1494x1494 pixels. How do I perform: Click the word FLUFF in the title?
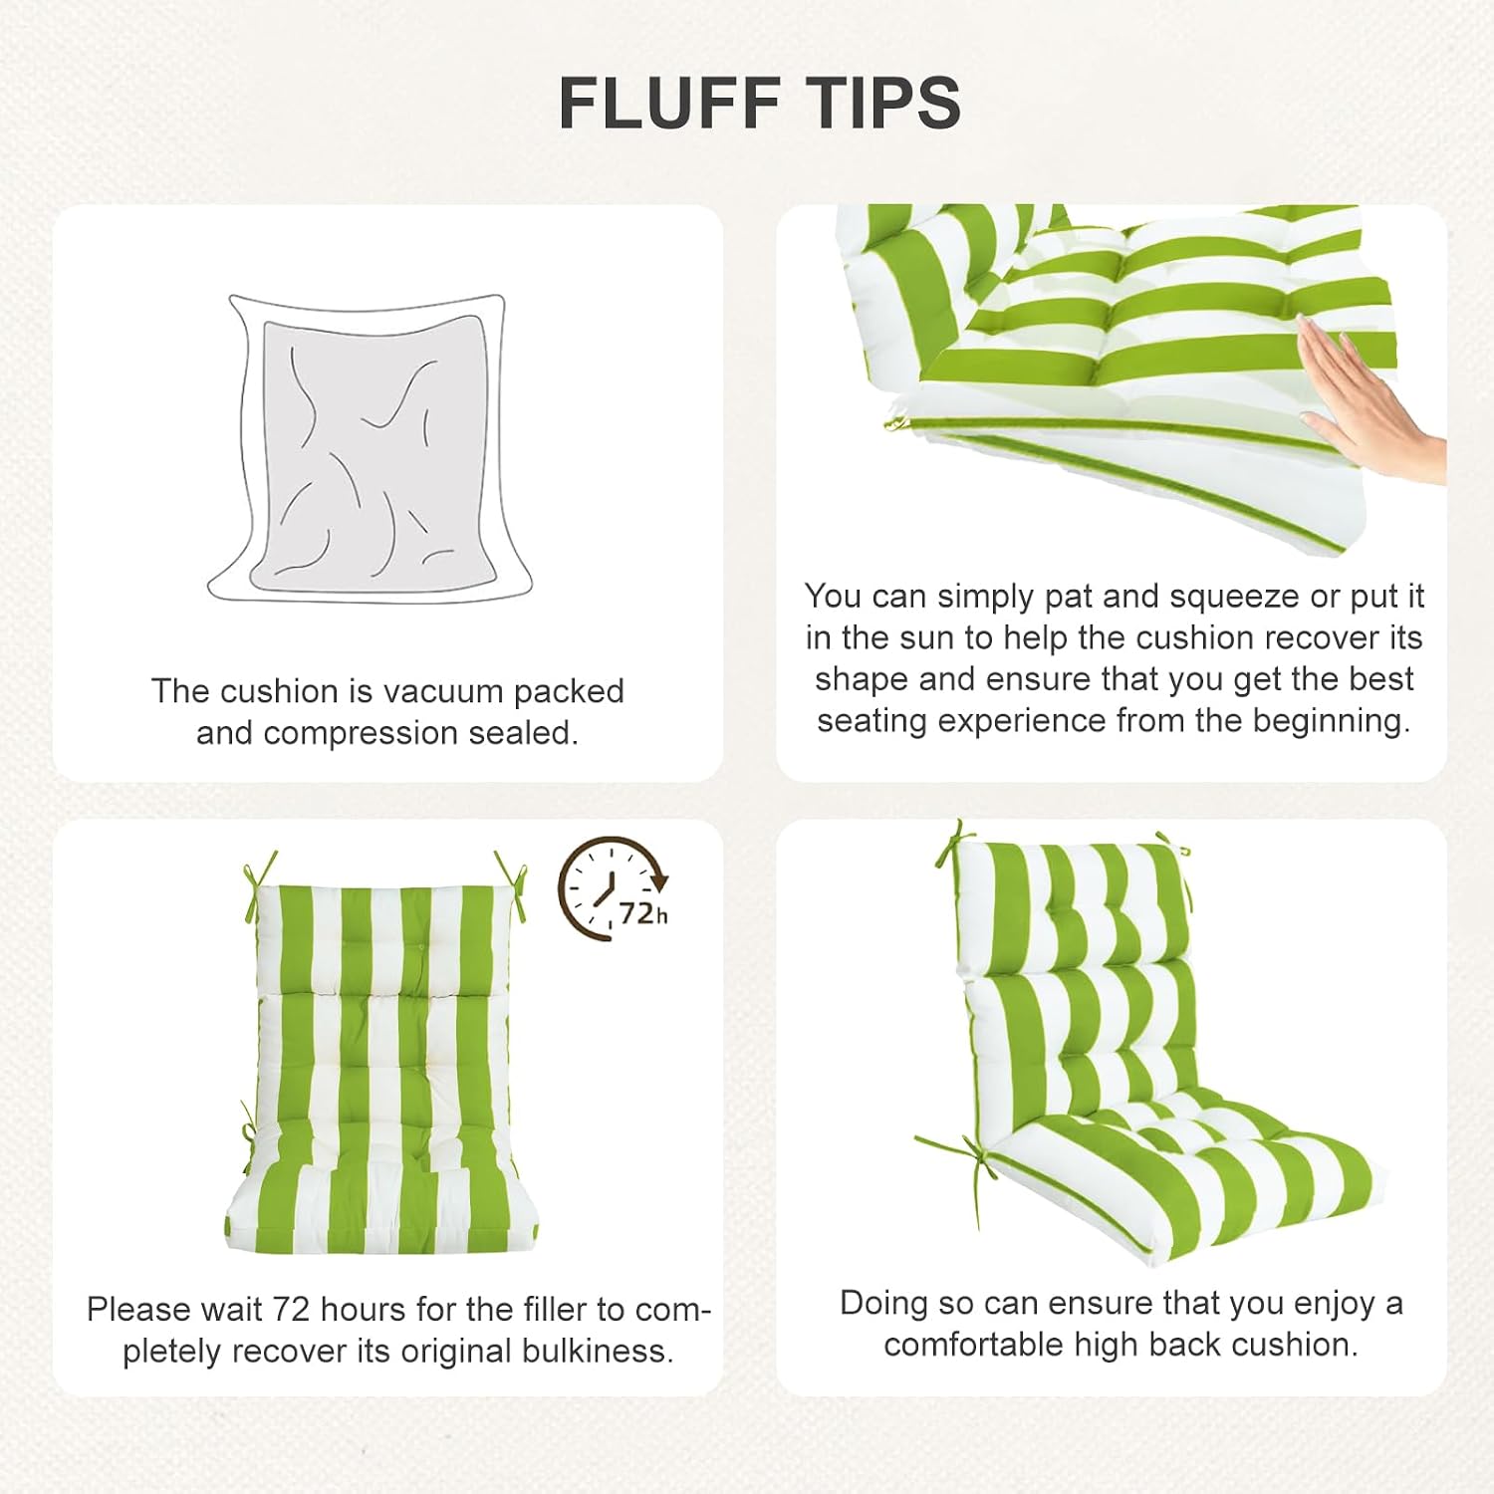tap(669, 102)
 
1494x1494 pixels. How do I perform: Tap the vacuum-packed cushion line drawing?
tap(370, 448)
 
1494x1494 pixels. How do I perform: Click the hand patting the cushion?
tap(1369, 398)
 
